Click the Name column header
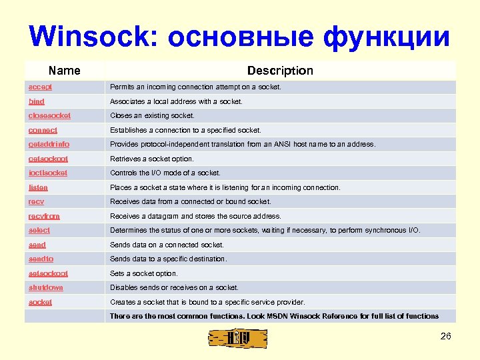coord(65,71)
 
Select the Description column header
coord(279,71)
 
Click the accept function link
coord(40,87)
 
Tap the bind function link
coord(37,101)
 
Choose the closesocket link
coord(49,115)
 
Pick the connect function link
coord(43,130)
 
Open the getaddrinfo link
coord(49,144)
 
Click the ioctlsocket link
coord(48,173)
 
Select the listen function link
coord(38,187)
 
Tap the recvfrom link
coord(44,216)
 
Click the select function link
coord(39,230)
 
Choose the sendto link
coord(41,259)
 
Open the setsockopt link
coord(48,273)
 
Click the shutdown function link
coord(45,287)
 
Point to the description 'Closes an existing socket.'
coord(152,115)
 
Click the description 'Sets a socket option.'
coord(143,273)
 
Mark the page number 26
coord(446,336)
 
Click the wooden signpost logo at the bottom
coord(239,338)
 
